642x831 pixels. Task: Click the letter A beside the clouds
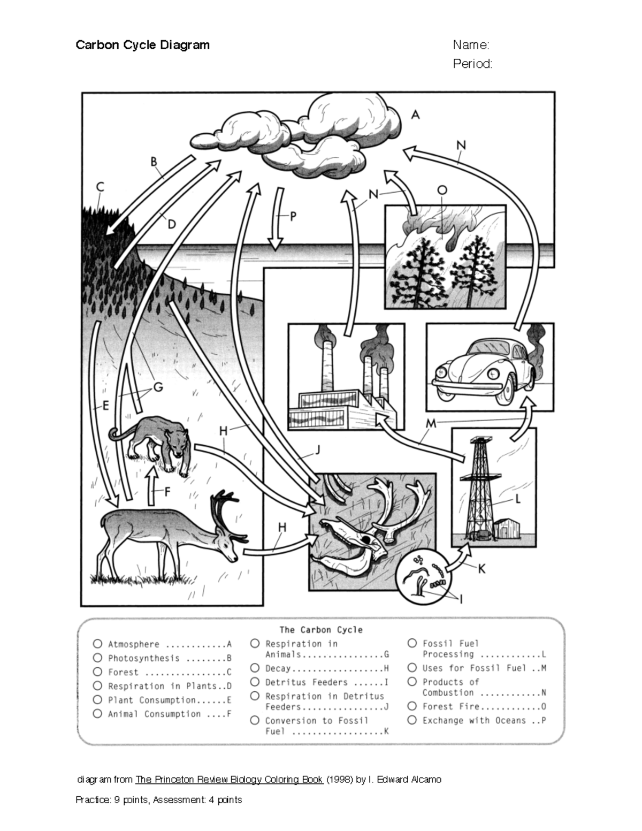416,115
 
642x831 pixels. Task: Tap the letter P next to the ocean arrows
293,217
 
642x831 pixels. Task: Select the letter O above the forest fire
442,190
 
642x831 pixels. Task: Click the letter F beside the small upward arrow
167,491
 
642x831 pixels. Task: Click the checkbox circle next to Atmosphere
97,644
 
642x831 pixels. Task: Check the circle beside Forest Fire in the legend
412,706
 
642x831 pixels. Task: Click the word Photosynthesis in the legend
143,658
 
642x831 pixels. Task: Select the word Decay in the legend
278,668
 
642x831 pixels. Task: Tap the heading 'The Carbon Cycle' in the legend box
321,630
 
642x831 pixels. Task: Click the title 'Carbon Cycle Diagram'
142,45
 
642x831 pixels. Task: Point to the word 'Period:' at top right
472,64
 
